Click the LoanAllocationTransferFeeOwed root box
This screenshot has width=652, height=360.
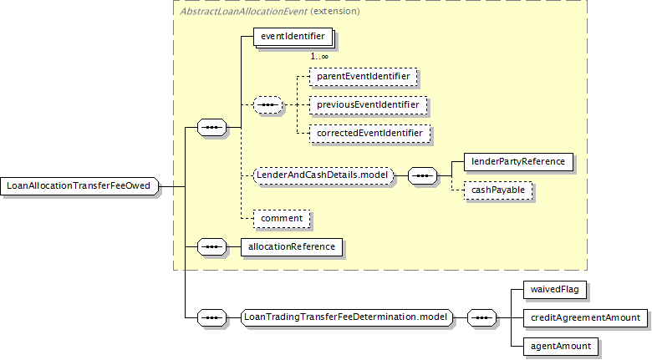tap(79, 186)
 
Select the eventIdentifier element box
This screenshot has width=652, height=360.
tap(293, 37)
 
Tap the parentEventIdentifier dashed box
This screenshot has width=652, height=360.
tap(363, 77)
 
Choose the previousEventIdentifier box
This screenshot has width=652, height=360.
tap(368, 105)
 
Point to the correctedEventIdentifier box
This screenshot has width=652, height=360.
tap(369, 134)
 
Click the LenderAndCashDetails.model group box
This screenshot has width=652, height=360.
tap(323, 175)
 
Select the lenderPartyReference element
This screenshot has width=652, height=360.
tap(518, 162)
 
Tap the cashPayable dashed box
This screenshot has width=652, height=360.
tap(498, 190)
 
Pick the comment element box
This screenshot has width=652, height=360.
tap(282, 219)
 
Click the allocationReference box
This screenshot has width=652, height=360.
tap(292, 247)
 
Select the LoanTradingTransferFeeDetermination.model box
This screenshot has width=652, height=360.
tap(346, 317)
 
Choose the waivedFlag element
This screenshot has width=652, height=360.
tap(555, 289)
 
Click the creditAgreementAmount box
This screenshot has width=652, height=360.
tap(585, 318)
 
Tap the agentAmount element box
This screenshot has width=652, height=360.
tap(561, 347)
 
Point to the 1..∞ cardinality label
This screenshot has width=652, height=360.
tap(319, 57)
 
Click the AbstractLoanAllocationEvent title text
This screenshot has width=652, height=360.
tap(243, 11)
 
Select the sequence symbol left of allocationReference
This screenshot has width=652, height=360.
tap(212, 247)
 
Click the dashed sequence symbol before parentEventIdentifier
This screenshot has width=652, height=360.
tap(267, 104)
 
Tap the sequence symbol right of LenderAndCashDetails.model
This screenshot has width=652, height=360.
tap(422, 176)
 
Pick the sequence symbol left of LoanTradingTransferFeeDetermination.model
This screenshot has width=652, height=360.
tap(212, 318)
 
